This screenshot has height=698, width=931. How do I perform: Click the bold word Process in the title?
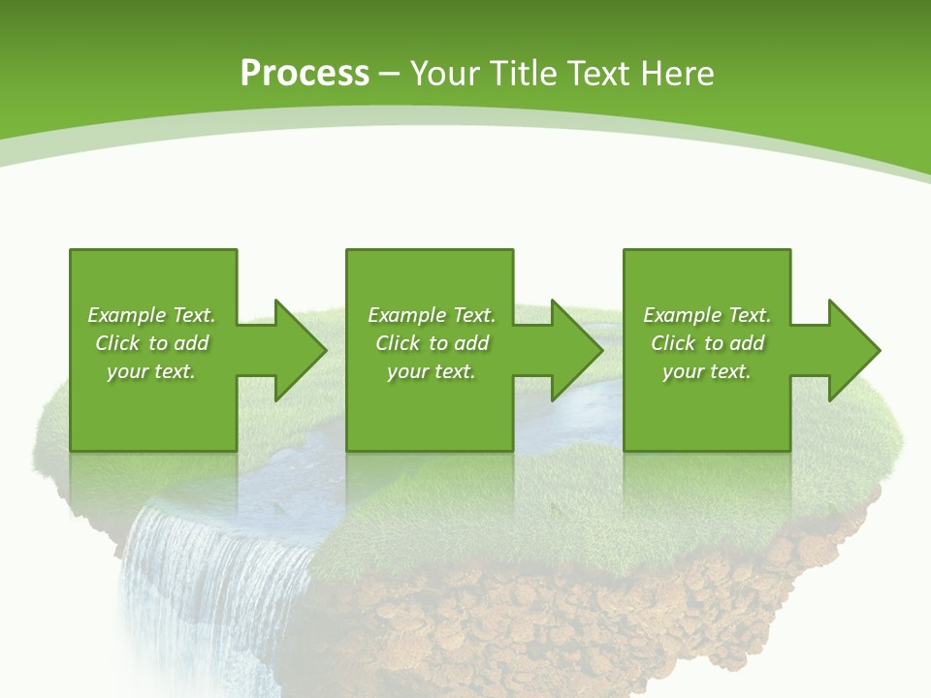tap(305, 74)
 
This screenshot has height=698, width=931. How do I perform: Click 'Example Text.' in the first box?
tap(151, 315)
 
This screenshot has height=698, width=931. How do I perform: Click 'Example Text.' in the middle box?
tap(432, 315)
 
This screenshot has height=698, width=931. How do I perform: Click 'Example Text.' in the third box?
tap(707, 315)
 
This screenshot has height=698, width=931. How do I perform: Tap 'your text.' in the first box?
tap(151, 371)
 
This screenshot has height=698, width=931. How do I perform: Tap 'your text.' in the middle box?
tap(432, 371)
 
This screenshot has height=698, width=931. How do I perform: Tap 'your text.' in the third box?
tap(707, 371)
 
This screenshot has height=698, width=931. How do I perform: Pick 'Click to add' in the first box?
tap(151, 343)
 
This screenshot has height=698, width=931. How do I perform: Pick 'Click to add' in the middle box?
tap(432, 343)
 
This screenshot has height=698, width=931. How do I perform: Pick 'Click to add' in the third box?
tap(707, 343)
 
